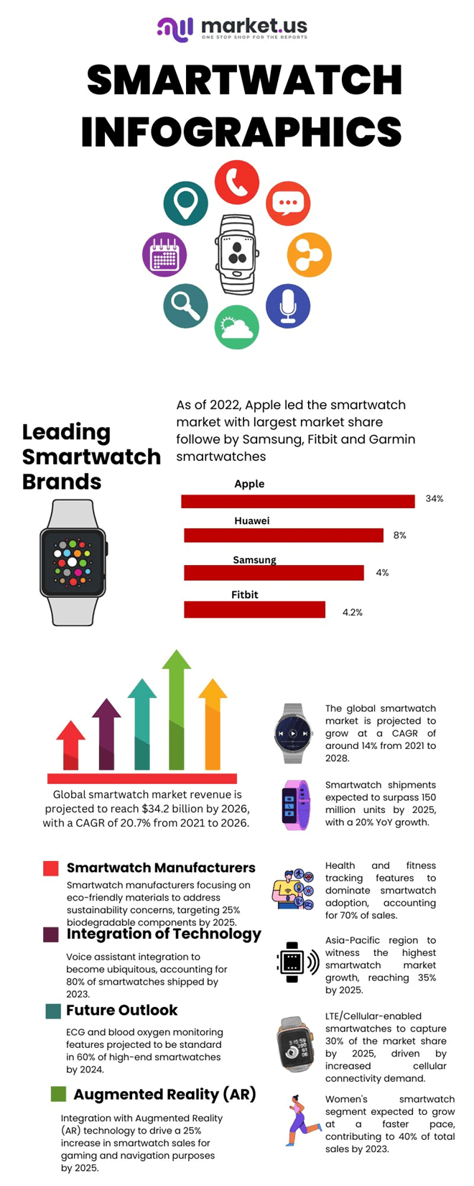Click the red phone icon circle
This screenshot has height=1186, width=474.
click(236, 183)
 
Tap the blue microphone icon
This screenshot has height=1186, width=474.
click(288, 305)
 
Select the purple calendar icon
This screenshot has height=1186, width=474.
click(164, 254)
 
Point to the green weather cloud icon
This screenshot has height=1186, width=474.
click(237, 328)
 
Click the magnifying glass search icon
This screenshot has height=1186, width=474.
click(185, 305)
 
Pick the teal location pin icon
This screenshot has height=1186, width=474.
click(185, 203)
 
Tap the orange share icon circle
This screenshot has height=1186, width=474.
click(309, 254)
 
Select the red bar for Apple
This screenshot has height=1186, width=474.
click(298, 501)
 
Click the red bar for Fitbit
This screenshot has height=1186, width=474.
click(255, 610)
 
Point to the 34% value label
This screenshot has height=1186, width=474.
click(434, 498)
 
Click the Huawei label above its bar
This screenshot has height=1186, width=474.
click(252, 520)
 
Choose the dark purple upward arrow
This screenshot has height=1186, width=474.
click(106, 733)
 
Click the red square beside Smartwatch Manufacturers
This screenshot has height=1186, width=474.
click(50, 868)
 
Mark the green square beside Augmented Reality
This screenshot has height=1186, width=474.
click(58, 1094)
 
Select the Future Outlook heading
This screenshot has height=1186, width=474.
click(121, 1010)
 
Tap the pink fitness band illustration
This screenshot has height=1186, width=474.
click(295, 805)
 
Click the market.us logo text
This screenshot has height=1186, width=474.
click(254, 27)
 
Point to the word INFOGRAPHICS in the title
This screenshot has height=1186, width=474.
click(241, 132)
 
